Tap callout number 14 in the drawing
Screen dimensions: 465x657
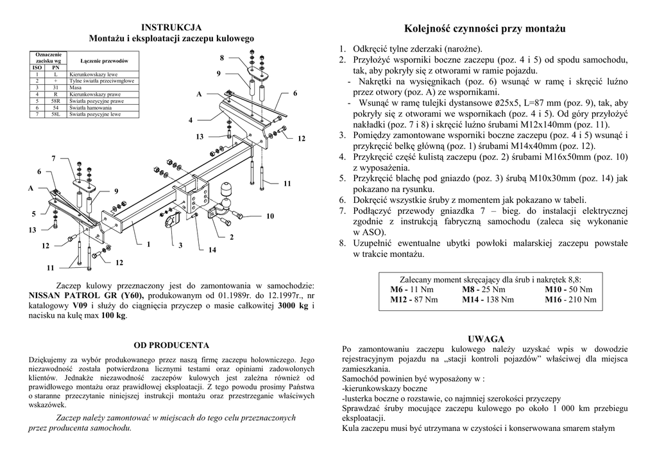[x=212, y=249]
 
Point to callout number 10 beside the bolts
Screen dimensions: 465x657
[x=270, y=216]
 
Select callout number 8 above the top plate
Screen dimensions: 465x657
[x=221, y=58]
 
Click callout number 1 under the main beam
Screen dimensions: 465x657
[x=148, y=244]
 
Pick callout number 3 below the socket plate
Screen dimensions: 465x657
[x=181, y=245]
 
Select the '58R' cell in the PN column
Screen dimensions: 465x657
[x=56, y=101]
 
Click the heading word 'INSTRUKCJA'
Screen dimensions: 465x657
[x=171, y=27]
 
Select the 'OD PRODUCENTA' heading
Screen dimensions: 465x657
[x=171, y=345]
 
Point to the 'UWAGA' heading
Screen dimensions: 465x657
[x=486, y=338]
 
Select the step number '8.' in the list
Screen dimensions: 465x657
[x=343, y=243]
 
